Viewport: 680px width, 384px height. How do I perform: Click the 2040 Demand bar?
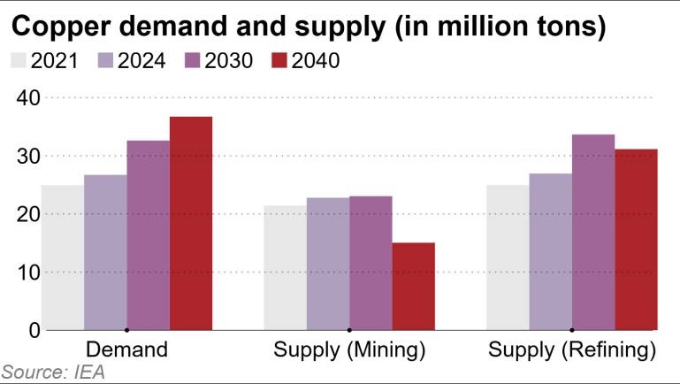pos(191,223)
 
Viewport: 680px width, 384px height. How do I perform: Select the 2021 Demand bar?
pos(63,257)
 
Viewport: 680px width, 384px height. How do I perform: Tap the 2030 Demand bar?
pos(148,235)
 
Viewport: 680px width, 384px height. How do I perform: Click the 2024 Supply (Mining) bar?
pos(328,264)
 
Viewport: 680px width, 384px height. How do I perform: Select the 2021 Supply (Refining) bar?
pos(508,257)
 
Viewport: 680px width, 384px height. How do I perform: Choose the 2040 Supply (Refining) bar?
pos(637,240)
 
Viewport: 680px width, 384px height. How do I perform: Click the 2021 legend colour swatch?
pos(19,61)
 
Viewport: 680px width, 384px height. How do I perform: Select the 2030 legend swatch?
pos(193,61)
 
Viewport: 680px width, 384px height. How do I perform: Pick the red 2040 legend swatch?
pos(279,61)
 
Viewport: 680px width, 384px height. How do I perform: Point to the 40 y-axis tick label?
pos(28,97)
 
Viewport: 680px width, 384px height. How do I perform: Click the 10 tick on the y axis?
pos(28,273)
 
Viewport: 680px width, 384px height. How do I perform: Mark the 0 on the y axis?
pos(34,330)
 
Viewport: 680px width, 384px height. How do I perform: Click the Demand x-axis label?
pos(126,349)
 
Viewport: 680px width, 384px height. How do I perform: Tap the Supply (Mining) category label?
pos(349,349)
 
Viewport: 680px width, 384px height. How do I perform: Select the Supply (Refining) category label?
pos(572,349)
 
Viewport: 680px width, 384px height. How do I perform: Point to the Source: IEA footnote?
pos(53,372)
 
